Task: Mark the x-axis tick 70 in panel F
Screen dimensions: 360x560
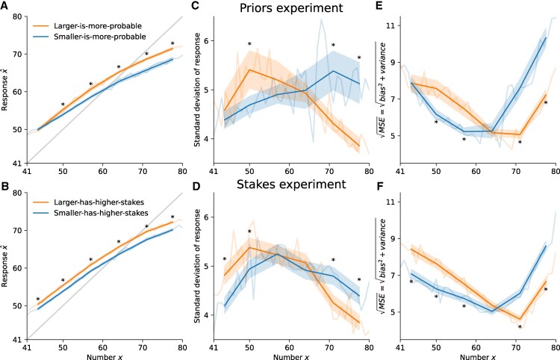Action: point(515,347)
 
